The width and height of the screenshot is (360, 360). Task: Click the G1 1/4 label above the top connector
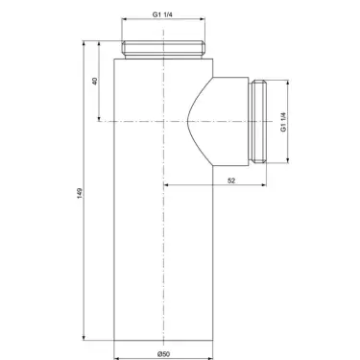(x=165, y=13)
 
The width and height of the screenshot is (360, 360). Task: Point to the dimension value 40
(x=94, y=81)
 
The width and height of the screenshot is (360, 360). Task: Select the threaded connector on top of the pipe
(x=165, y=47)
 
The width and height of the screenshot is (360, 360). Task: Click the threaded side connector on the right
(x=258, y=122)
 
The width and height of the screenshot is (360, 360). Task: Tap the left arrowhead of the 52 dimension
(x=168, y=183)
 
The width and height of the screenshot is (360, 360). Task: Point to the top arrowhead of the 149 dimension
(x=84, y=44)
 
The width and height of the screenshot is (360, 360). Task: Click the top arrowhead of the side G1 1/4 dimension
(x=288, y=85)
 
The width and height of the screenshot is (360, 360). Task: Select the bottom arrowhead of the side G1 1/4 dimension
(x=288, y=158)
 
